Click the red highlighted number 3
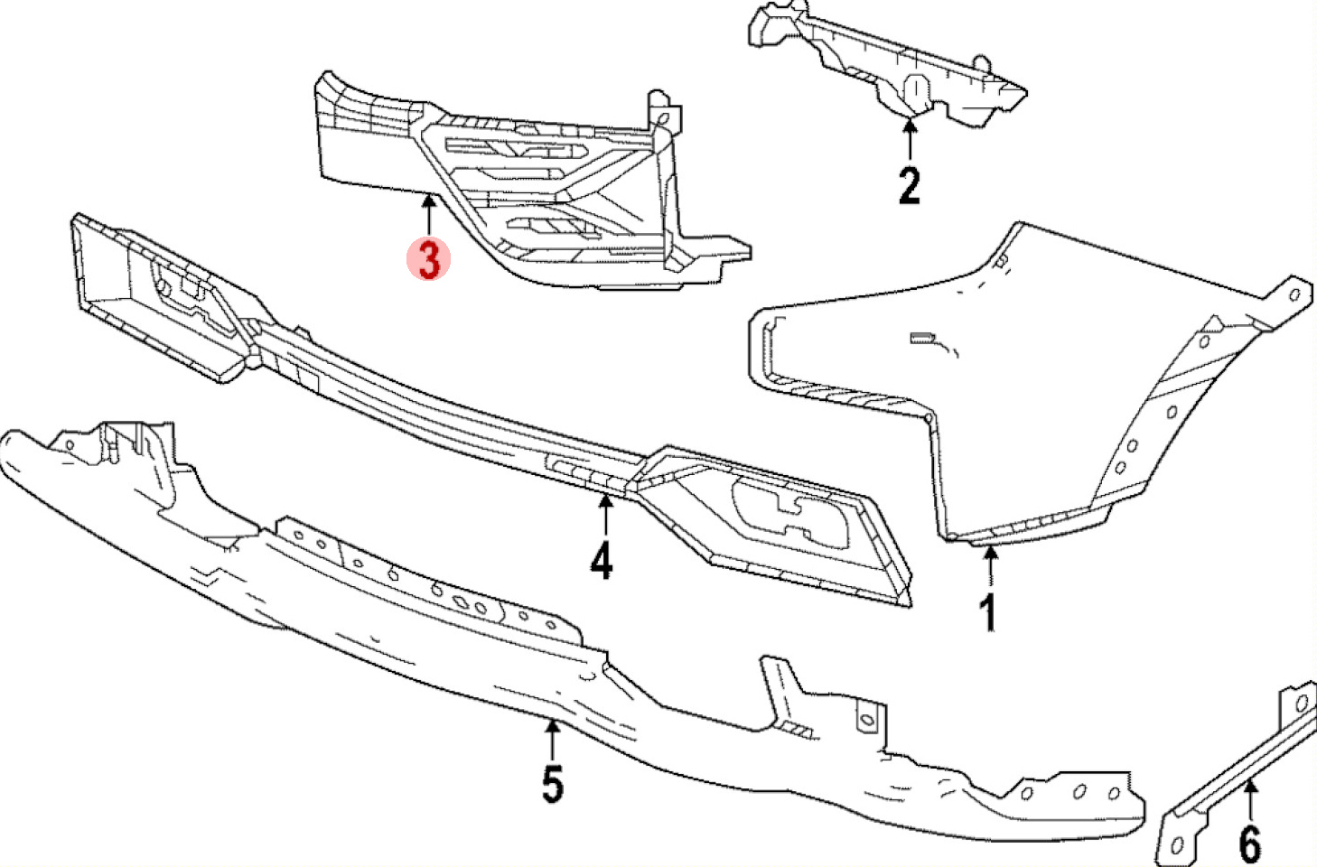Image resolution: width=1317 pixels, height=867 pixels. click(428, 259)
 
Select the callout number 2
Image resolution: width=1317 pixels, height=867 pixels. click(909, 185)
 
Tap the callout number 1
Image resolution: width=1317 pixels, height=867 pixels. click(989, 612)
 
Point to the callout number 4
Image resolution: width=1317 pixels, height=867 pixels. click(602, 560)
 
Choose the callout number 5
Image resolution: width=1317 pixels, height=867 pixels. click(552, 783)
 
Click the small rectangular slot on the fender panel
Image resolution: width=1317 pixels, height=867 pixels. click(920, 339)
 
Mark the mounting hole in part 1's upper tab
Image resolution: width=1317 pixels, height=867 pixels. click(1294, 294)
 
